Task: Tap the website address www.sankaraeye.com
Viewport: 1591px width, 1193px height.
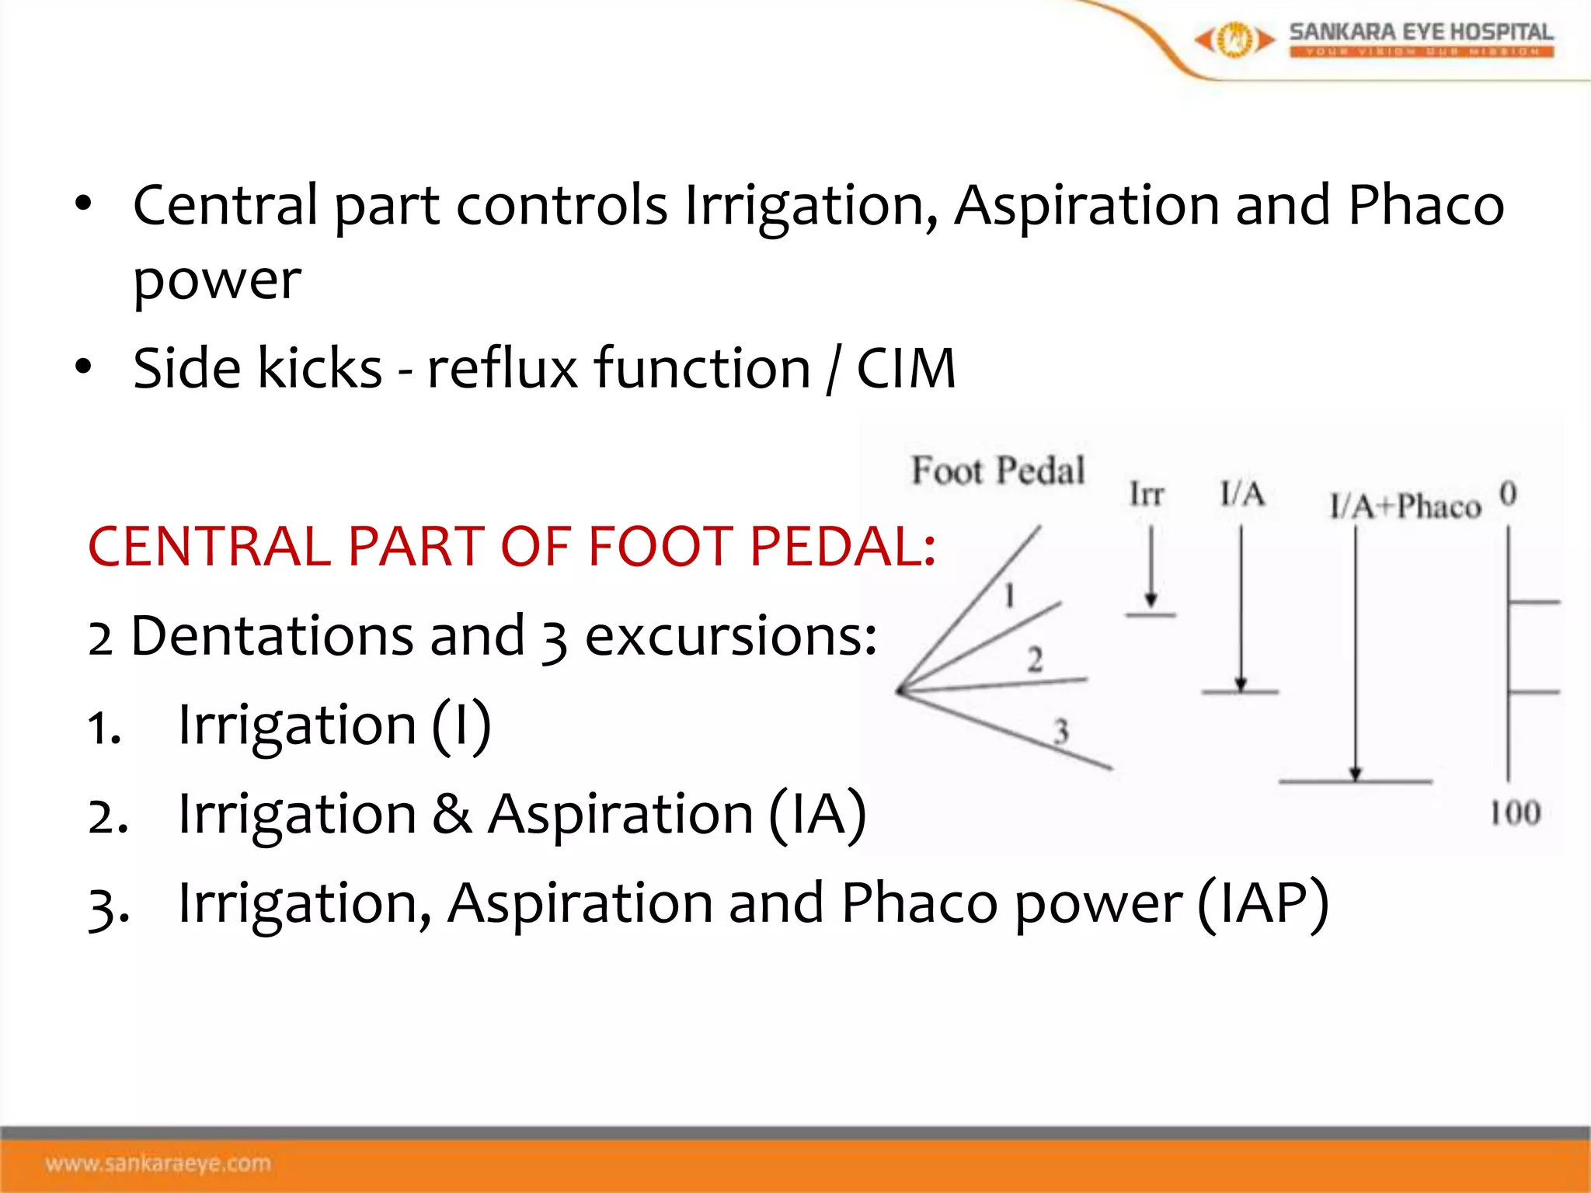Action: [x=158, y=1163]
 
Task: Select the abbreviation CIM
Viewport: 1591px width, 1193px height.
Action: [x=906, y=368]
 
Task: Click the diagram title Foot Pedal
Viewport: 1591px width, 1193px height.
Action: [x=997, y=471]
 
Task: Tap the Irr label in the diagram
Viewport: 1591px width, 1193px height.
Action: [x=1146, y=494]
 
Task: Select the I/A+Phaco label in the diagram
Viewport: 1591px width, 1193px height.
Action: [x=1405, y=506]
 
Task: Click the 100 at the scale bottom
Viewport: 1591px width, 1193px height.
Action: [x=1514, y=813]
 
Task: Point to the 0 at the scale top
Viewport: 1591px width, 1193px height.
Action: [x=1508, y=493]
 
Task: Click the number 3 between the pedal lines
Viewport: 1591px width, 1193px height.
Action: [x=1060, y=731]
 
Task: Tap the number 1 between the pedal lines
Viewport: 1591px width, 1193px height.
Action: [x=1009, y=596]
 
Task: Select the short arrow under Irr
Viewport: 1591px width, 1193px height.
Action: [x=1151, y=567]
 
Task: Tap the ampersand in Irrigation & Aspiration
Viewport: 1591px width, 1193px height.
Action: [x=451, y=814]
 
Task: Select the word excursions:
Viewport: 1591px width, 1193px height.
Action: [x=730, y=636]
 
